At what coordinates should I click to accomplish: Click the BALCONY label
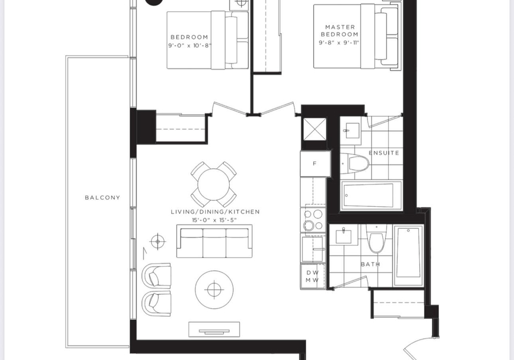pyautogui.click(x=102, y=197)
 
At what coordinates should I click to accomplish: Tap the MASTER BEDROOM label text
pyautogui.click(x=339, y=31)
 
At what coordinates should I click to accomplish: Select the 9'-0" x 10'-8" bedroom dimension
pyautogui.click(x=190, y=45)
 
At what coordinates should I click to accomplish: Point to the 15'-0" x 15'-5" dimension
pyautogui.click(x=214, y=220)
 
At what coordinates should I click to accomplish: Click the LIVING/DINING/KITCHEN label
pyautogui.click(x=215, y=212)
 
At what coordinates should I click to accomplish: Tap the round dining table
pyautogui.click(x=214, y=184)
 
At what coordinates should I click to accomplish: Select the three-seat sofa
pyautogui.click(x=214, y=241)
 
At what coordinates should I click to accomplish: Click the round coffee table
pyautogui.click(x=214, y=289)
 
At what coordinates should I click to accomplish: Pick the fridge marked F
pyautogui.click(x=315, y=163)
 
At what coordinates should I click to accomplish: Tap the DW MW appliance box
pyautogui.click(x=312, y=276)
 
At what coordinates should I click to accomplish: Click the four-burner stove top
pyautogui.click(x=313, y=220)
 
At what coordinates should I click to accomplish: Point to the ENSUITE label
pyautogui.click(x=384, y=153)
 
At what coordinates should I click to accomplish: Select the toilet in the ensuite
pyautogui.click(x=355, y=163)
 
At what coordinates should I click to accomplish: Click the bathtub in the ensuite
pyautogui.click(x=372, y=195)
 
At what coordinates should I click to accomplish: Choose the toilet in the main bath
pyautogui.click(x=376, y=239)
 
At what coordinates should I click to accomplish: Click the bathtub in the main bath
pyautogui.click(x=409, y=255)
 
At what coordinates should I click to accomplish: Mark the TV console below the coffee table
pyautogui.click(x=214, y=329)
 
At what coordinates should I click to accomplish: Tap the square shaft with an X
pyautogui.click(x=315, y=129)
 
